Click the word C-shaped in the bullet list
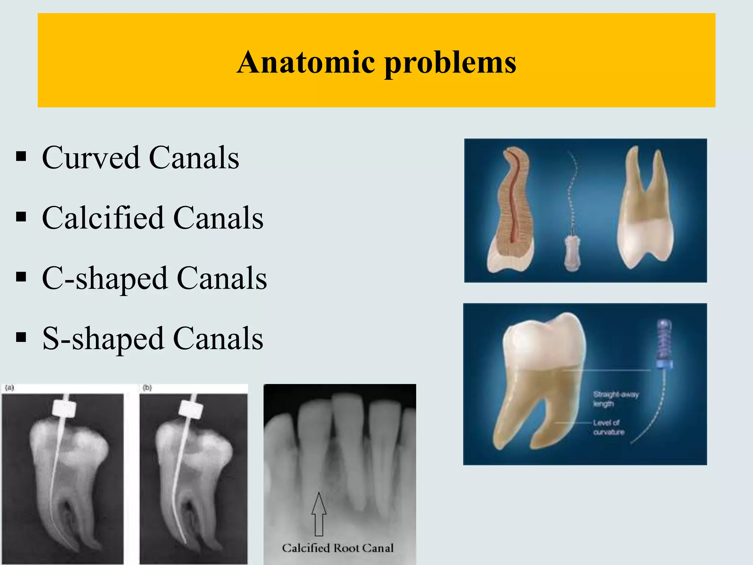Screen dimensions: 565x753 [x=104, y=278]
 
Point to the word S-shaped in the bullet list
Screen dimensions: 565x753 [x=103, y=339]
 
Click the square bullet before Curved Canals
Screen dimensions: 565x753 [x=21, y=157]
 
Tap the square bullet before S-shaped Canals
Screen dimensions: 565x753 [x=21, y=337]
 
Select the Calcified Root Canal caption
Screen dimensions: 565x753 [x=338, y=548]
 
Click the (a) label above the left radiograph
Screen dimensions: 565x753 [x=9, y=388]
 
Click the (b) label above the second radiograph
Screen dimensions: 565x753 [x=147, y=388]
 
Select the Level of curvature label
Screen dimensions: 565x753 [x=608, y=427]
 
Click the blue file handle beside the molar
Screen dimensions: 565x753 [x=664, y=344]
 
